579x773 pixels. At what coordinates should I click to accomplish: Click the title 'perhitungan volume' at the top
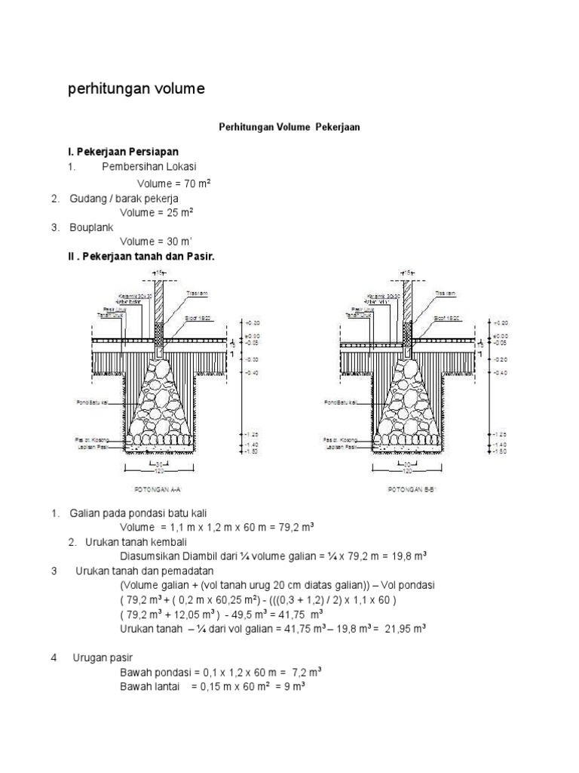pyautogui.click(x=136, y=90)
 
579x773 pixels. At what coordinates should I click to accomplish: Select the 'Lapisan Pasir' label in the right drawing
pyautogui.click(x=342, y=445)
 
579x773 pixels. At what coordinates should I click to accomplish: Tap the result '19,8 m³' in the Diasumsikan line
pyautogui.click(x=406, y=556)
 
